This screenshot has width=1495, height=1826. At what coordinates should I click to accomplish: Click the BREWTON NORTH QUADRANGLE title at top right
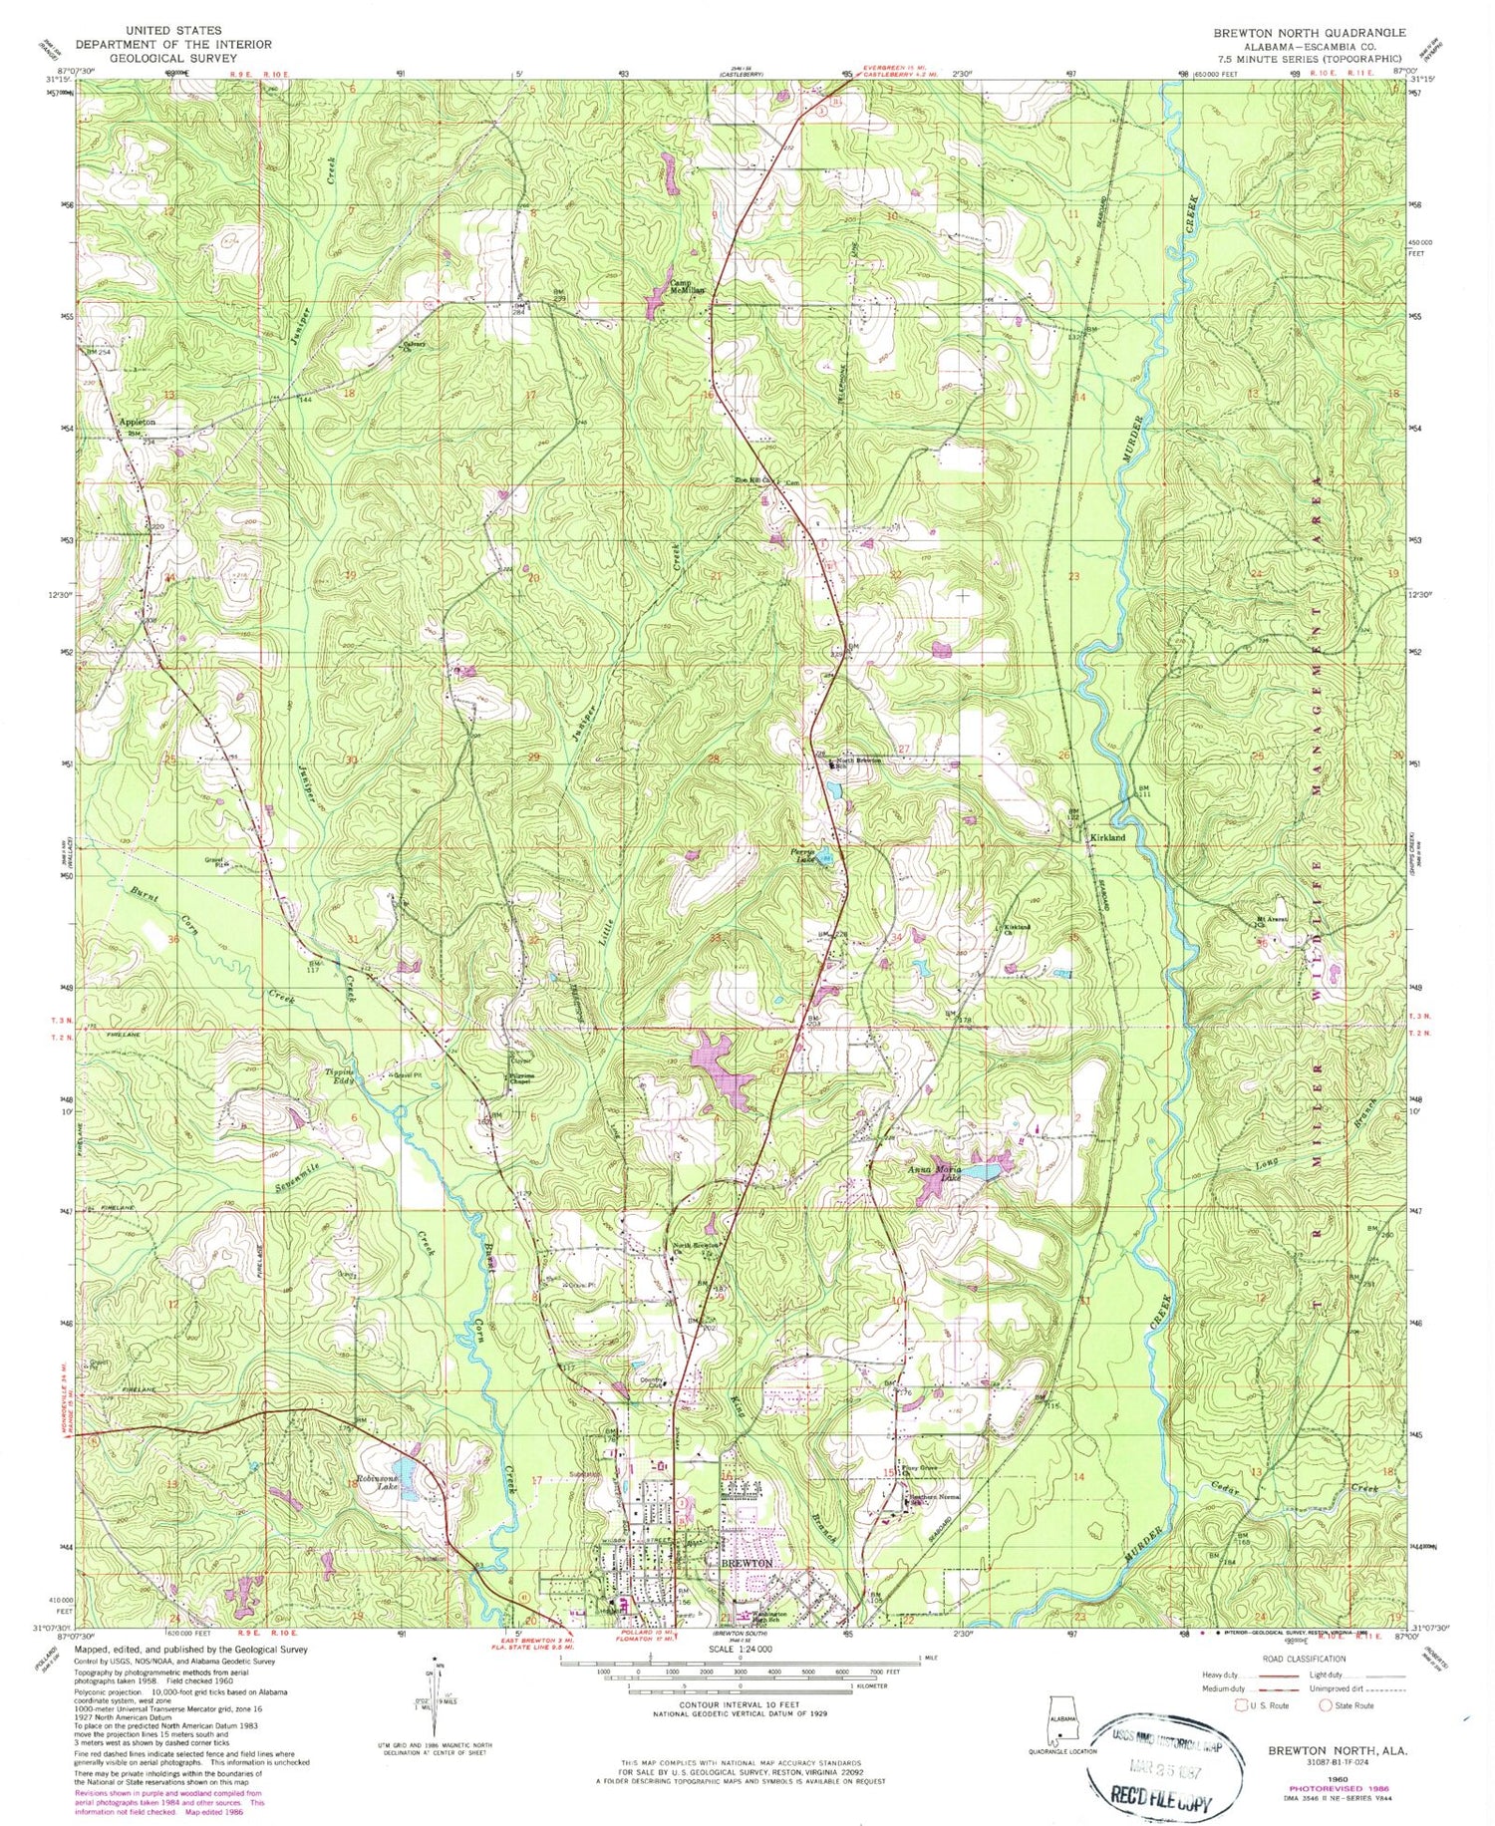[x=1309, y=32]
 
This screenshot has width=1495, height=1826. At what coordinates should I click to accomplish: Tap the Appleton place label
[x=138, y=423]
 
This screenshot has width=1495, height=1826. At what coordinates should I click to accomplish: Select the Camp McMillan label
[x=686, y=285]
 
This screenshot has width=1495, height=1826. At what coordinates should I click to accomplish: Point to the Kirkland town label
[x=1106, y=838]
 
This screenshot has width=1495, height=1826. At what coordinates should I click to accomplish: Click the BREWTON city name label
[x=747, y=1564]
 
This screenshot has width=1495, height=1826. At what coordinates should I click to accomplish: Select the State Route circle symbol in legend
[x=1328, y=1705]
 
